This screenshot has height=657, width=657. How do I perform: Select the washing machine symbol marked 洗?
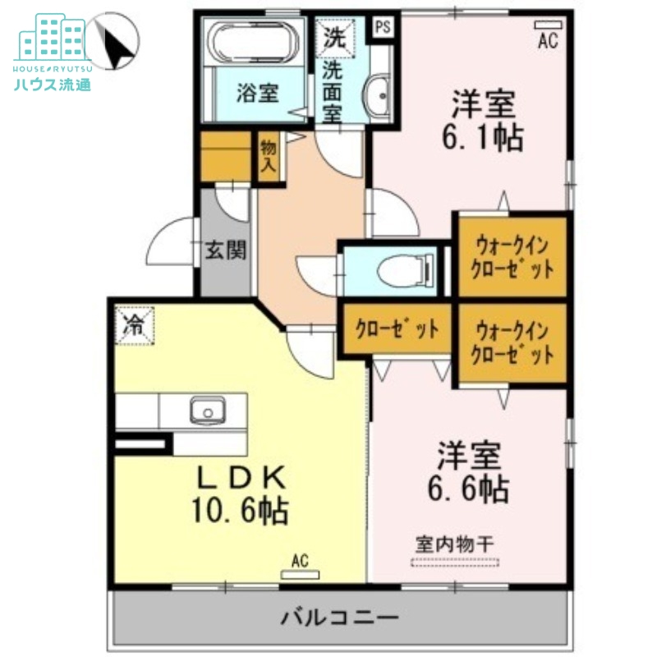(333, 36)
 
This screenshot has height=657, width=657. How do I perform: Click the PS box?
(383, 26)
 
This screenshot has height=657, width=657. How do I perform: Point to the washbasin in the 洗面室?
(380, 94)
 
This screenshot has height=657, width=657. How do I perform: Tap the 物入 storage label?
(269, 157)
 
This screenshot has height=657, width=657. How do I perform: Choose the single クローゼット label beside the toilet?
(397, 328)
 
